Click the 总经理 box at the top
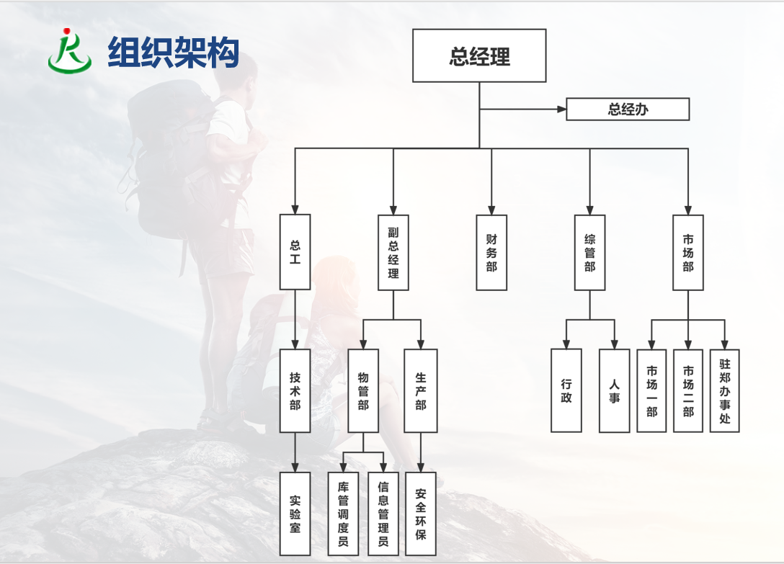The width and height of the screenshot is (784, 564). tap(479, 56)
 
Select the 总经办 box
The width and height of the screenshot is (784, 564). tap(628, 109)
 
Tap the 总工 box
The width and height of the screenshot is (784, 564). tap(295, 252)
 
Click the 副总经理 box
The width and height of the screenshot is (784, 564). tap(393, 252)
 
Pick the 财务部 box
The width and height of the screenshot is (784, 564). tap(491, 252)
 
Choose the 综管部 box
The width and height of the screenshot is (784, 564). tap(589, 252)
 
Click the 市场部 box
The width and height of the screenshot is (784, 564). tap(687, 252)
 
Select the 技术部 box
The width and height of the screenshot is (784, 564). tap(295, 391)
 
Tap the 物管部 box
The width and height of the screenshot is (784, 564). tap(362, 391)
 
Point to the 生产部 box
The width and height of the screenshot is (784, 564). tap(420, 391)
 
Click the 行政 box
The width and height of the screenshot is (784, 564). tap(566, 390)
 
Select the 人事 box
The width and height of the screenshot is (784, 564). tap(614, 390)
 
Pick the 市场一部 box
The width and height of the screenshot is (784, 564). tap(651, 390)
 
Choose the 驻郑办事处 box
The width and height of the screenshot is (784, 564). tap(724, 390)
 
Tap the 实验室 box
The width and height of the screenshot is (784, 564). tap(295, 514)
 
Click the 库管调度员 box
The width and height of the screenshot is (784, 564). tap(343, 514)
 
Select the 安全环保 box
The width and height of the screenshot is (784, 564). tap(420, 514)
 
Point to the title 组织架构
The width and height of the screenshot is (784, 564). tap(173, 52)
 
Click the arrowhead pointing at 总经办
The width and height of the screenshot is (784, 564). tap(562, 109)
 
